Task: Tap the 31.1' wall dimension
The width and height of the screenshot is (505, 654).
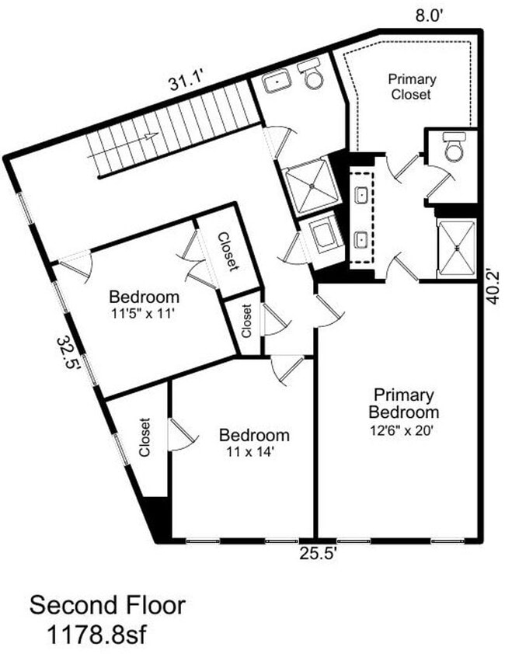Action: (x=186, y=80)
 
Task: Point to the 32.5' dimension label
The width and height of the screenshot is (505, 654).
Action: (x=69, y=354)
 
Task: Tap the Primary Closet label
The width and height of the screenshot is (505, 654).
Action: (x=412, y=86)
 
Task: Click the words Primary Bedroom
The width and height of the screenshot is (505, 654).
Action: (x=403, y=403)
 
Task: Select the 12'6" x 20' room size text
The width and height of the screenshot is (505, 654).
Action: (x=403, y=428)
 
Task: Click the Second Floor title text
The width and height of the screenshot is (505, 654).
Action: (x=107, y=604)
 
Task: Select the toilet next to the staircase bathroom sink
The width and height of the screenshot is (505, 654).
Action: (x=313, y=75)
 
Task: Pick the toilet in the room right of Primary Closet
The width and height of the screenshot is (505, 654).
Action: (x=453, y=146)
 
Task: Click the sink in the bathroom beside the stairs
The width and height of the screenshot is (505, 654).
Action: (x=276, y=82)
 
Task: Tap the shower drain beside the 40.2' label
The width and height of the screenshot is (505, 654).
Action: (x=458, y=248)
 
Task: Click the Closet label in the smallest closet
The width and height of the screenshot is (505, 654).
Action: (x=246, y=319)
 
